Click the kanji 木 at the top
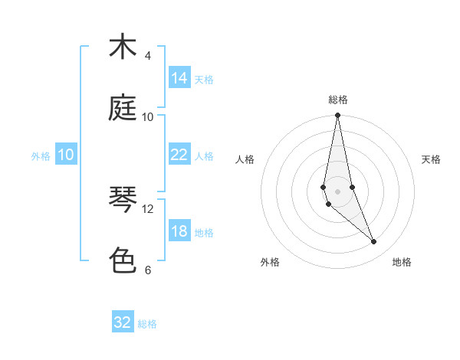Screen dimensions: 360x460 pyautogui.click(x=122, y=47)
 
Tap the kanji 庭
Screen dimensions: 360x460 pyautogui.click(x=122, y=108)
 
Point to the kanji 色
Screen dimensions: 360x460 pyautogui.click(x=122, y=261)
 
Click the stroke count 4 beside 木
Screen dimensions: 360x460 pyautogui.click(x=147, y=56)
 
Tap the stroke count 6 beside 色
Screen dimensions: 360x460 pyautogui.click(x=147, y=270)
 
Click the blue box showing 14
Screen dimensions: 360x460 pyautogui.click(x=179, y=78)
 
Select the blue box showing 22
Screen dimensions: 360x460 pyautogui.click(x=179, y=155)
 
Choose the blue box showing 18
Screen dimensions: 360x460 pyautogui.click(x=179, y=231)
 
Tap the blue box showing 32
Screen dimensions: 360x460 pyautogui.click(x=123, y=322)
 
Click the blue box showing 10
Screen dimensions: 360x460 pyautogui.click(x=66, y=155)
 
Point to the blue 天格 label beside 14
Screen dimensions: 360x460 pyautogui.click(x=204, y=79)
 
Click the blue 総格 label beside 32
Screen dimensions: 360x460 pyautogui.click(x=147, y=324)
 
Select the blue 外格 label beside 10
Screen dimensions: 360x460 pyautogui.click(x=41, y=156)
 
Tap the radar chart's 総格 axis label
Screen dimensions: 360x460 pyautogui.click(x=337, y=100)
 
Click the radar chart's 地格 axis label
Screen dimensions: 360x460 pyautogui.click(x=402, y=262)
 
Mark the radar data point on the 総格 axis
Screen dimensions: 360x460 pyautogui.click(x=337, y=116)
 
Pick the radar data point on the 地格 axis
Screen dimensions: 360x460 pyautogui.click(x=374, y=242)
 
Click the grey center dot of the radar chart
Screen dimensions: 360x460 pyautogui.click(x=337, y=191)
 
